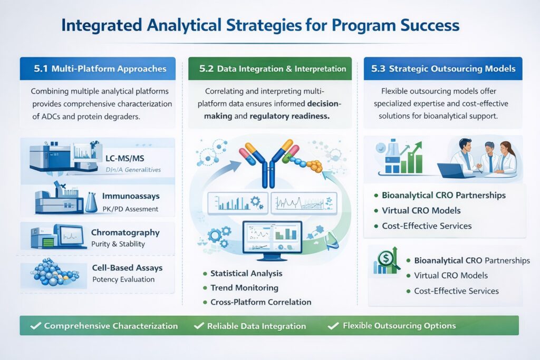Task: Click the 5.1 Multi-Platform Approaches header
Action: click(x=100, y=69)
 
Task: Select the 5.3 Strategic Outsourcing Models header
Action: click(x=443, y=69)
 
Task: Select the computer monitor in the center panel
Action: click(x=271, y=238)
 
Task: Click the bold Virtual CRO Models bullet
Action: click(x=421, y=210)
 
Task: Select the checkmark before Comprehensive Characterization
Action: click(x=35, y=326)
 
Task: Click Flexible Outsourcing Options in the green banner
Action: click(x=399, y=325)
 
